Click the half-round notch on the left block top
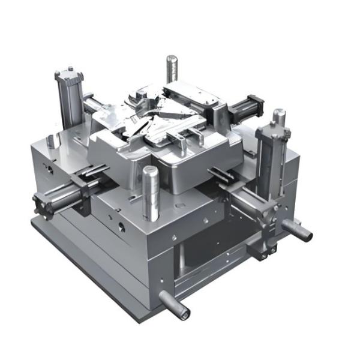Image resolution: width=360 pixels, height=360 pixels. tap(53, 142)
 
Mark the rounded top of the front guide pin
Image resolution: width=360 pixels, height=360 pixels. tap(150, 170)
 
